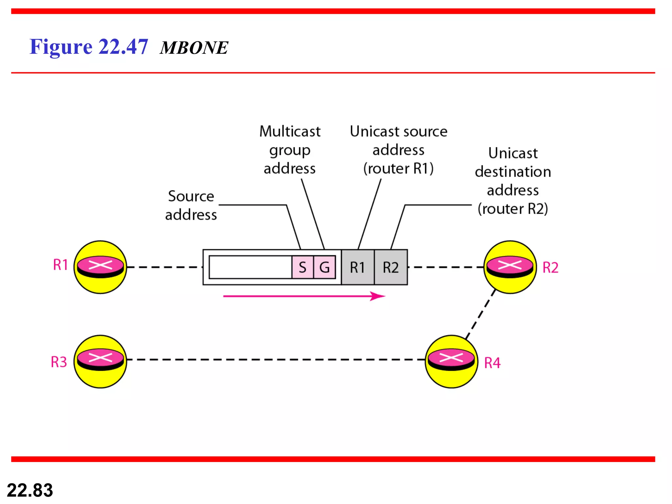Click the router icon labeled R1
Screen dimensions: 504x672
click(x=100, y=267)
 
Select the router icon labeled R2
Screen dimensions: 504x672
click(x=510, y=267)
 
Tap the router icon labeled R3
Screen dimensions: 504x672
click(x=100, y=361)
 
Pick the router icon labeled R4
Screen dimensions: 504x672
click(x=451, y=361)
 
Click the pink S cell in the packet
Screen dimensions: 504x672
click(x=303, y=267)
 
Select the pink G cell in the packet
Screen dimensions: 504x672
click(x=324, y=267)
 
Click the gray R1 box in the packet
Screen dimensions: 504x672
click(x=358, y=267)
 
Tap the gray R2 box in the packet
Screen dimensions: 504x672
click(x=391, y=267)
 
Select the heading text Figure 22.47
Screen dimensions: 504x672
click(x=89, y=47)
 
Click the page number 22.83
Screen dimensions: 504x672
click(x=30, y=490)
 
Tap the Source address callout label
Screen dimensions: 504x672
click(x=191, y=205)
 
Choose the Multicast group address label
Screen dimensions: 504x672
click(x=290, y=150)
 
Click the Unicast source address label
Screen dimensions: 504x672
click(x=398, y=150)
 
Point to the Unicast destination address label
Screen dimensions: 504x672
click(x=513, y=181)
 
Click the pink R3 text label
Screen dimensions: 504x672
click(x=59, y=362)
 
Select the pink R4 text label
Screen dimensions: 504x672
click(x=492, y=363)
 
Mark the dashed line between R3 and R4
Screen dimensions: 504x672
click(x=276, y=360)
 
